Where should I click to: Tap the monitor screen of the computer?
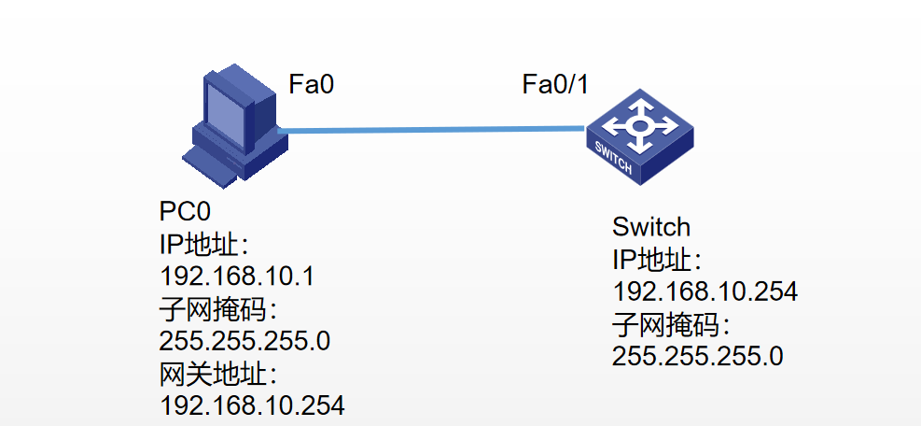pyautogui.click(x=228, y=108)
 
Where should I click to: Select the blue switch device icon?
pyautogui.click(x=640, y=136)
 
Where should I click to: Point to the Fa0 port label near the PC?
pyautogui.click(x=311, y=85)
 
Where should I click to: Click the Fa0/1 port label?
pyautogui.click(x=555, y=85)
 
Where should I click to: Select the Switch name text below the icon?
pyautogui.click(x=651, y=227)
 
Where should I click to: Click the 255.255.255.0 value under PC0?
pyautogui.click(x=244, y=341)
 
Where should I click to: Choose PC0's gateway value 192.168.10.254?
pyautogui.click(x=252, y=405)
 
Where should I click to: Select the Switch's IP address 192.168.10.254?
pyautogui.click(x=705, y=291)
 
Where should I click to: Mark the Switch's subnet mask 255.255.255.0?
pyautogui.click(x=697, y=356)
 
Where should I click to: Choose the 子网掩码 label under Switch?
pyautogui.click(x=671, y=324)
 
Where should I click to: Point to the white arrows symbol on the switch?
pyautogui.click(x=640, y=122)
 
